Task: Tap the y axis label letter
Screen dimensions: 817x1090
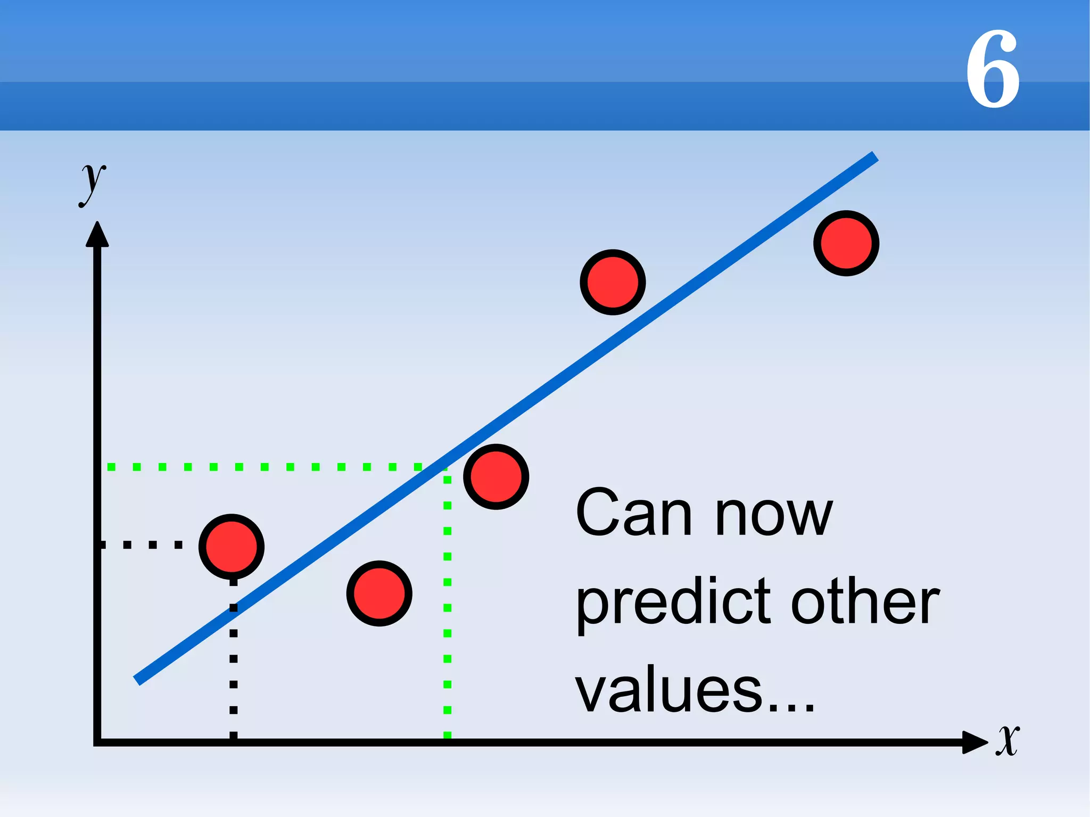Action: pyautogui.click(x=93, y=184)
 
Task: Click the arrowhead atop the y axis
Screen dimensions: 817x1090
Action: pyautogui.click(x=97, y=235)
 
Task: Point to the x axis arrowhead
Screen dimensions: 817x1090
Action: pyautogui.click(x=975, y=742)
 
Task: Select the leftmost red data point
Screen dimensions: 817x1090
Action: pyautogui.click(x=232, y=547)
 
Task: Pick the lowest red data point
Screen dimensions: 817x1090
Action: pyautogui.click(x=379, y=593)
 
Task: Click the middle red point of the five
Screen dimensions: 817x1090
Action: pyautogui.click(x=496, y=477)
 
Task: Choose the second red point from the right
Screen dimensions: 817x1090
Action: pyautogui.click(x=613, y=282)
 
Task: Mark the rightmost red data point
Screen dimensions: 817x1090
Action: pyautogui.click(x=846, y=243)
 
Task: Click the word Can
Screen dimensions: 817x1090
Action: pyautogui.click(x=633, y=514)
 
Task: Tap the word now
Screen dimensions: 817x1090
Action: pyautogui.click(x=774, y=516)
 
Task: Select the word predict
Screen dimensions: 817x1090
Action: pyautogui.click(x=674, y=604)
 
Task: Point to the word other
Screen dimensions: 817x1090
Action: pyautogui.click(x=865, y=601)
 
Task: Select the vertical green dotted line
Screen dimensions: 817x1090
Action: pyautogui.click(x=447, y=607)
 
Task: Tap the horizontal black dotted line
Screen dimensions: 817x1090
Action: pyautogui.click(x=141, y=544)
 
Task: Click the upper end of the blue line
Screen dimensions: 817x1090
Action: pyautogui.click(x=873, y=157)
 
